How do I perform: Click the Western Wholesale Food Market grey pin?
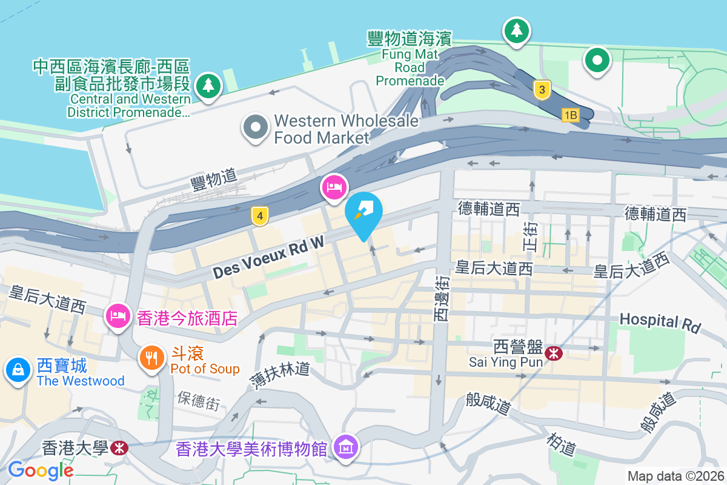256,127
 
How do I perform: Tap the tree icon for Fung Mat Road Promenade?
516,30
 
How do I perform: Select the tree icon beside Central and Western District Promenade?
208,85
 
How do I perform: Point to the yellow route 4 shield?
259,215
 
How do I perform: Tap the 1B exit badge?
570,115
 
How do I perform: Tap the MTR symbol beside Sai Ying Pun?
553,353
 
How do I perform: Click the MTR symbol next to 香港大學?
119,448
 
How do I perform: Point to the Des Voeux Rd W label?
268,258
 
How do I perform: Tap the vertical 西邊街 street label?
440,297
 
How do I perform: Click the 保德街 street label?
199,401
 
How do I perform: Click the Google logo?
40,470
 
